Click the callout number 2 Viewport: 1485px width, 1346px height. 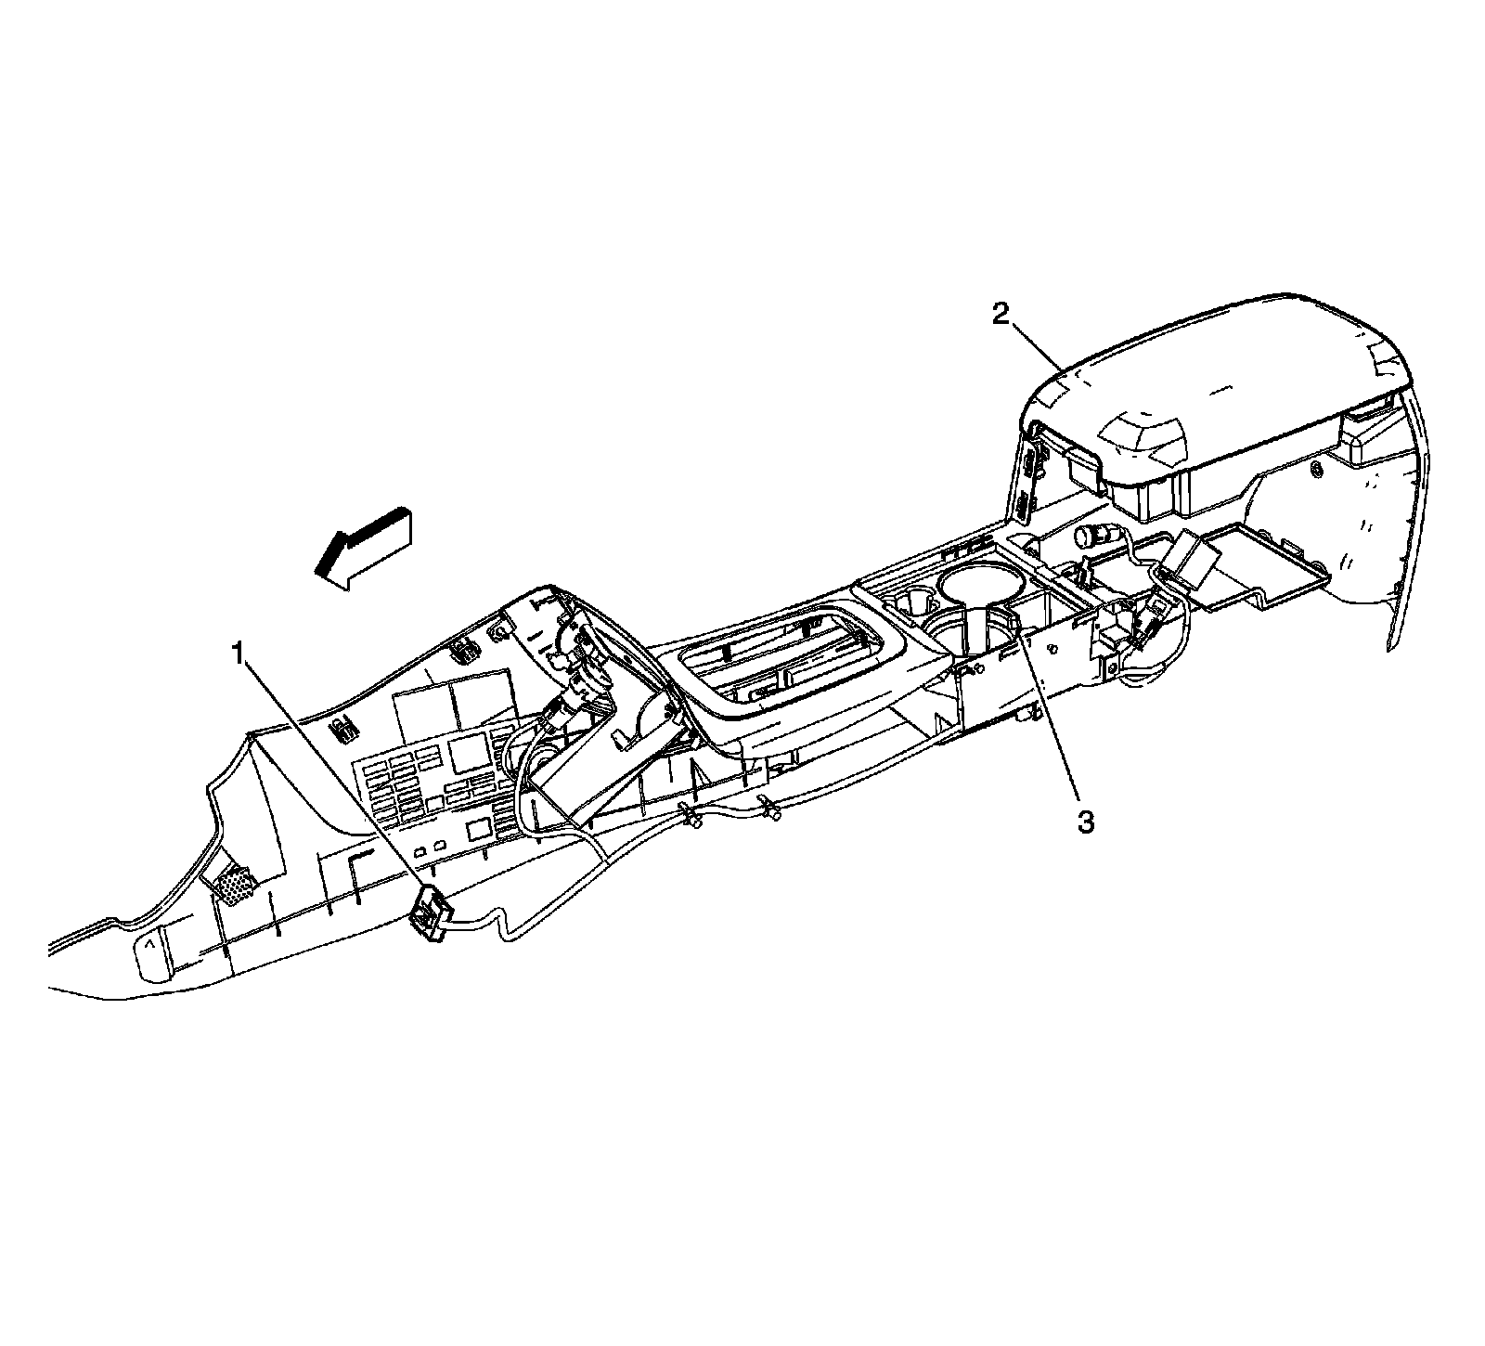point(1000,316)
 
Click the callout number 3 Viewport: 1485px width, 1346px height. point(1085,822)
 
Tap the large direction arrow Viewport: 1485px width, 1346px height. point(361,548)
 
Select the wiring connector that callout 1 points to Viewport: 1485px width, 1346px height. point(428,911)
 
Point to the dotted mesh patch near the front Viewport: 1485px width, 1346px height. point(236,885)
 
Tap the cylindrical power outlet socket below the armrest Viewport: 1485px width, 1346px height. point(1091,537)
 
